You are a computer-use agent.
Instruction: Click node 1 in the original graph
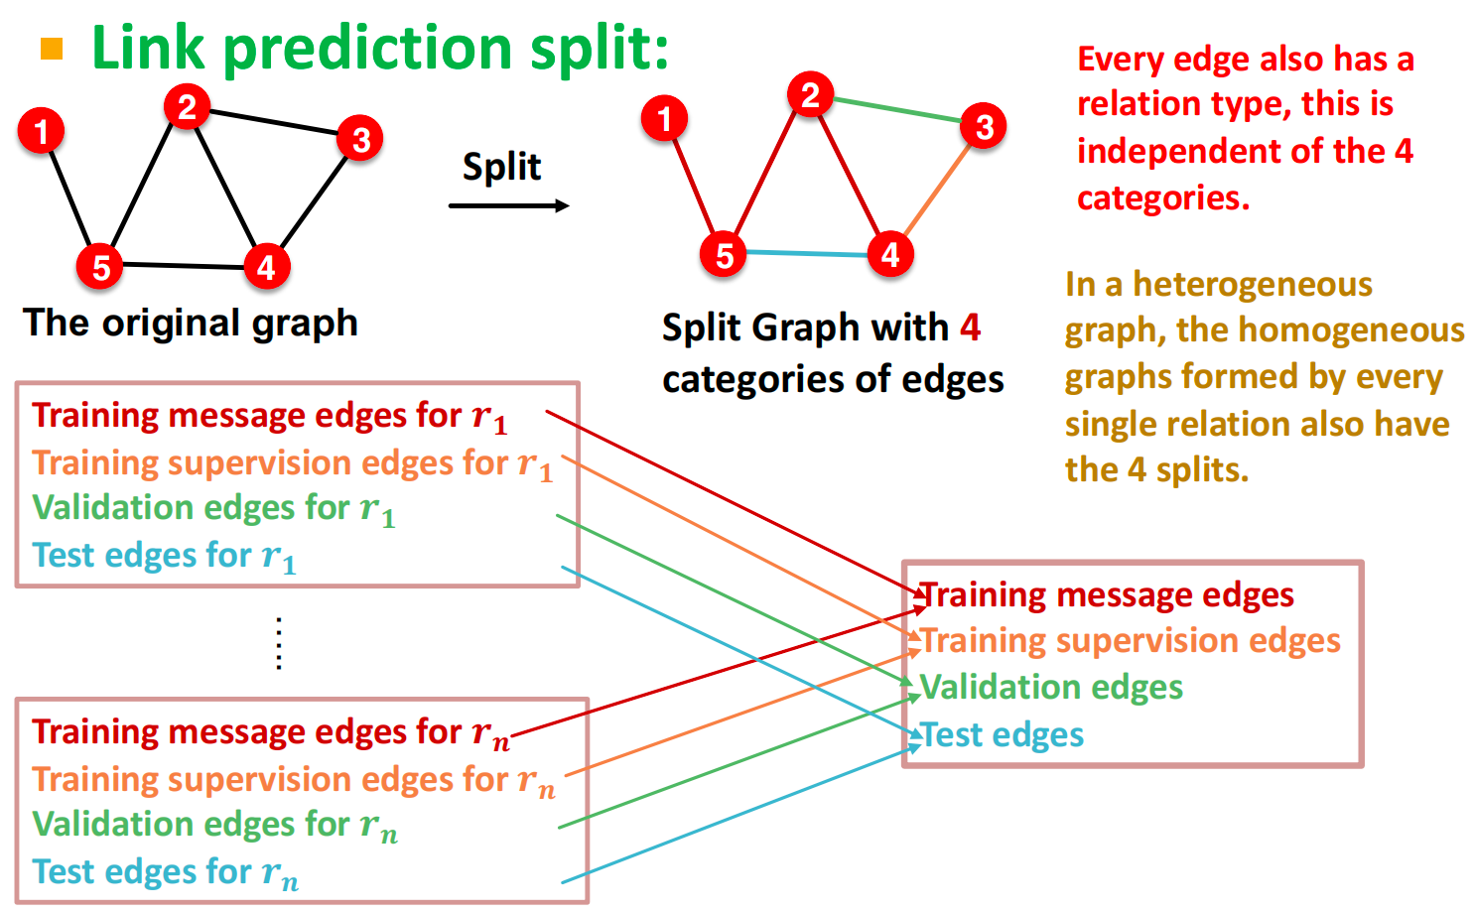click(42, 131)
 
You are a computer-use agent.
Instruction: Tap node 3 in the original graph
click(360, 139)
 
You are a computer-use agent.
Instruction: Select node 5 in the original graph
click(100, 266)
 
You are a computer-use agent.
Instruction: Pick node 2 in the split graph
click(810, 94)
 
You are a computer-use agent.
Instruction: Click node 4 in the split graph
click(890, 254)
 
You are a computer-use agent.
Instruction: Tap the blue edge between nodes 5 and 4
click(807, 254)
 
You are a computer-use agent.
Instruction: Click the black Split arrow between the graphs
click(508, 205)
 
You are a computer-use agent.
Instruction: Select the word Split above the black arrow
click(502, 167)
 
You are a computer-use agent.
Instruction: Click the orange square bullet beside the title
click(52, 49)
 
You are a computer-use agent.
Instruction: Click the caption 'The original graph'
click(191, 323)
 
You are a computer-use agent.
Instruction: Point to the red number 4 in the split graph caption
click(970, 326)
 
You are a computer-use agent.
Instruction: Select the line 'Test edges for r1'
click(164, 556)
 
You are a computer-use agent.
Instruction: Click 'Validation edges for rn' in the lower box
click(214, 825)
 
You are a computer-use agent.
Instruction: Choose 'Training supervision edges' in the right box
click(1131, 641)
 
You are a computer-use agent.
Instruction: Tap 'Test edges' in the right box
click(1003, 735)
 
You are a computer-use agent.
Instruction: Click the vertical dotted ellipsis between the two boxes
click(279, 643)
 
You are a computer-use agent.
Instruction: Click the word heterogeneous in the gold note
click(1253, 285)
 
